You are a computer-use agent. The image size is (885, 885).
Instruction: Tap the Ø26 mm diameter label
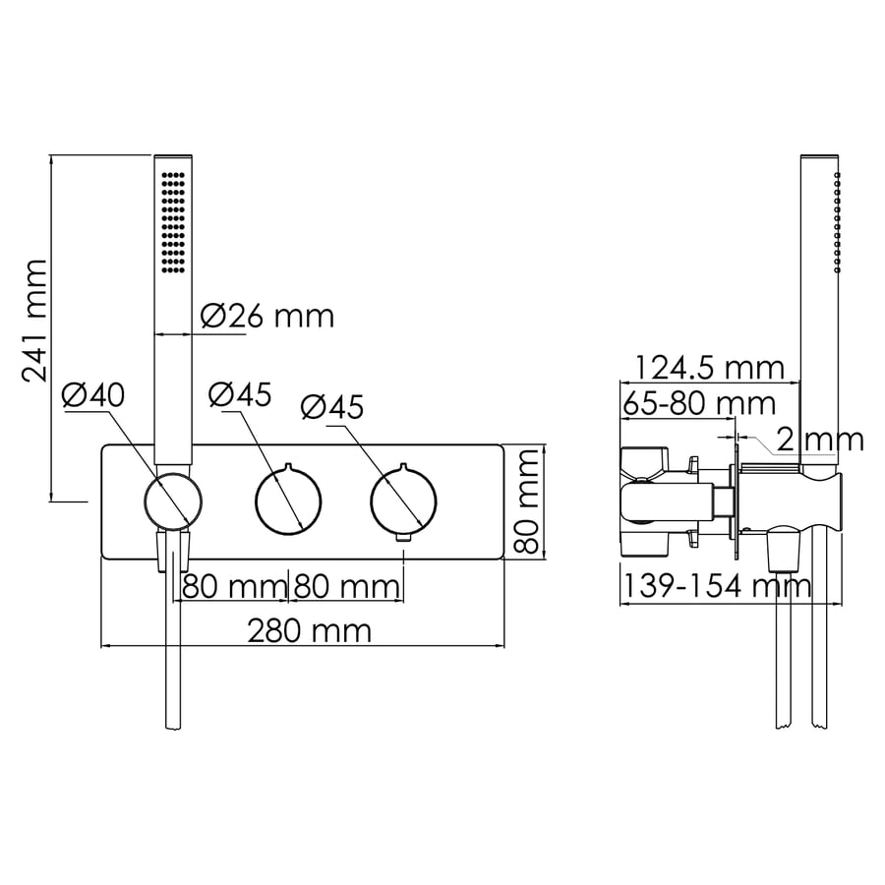(267, 316)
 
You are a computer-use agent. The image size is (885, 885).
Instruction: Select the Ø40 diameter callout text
(93, 394)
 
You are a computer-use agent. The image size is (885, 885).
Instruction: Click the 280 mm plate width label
(310, 630)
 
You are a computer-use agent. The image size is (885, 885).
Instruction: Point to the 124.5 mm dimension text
(710, 368)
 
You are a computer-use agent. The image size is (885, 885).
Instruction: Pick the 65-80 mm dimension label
(699, 403)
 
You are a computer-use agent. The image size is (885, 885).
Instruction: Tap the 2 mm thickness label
(820, 440)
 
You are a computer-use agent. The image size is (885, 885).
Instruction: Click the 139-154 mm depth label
(717, 586)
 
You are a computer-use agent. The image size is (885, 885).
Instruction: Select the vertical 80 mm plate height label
(527, 501)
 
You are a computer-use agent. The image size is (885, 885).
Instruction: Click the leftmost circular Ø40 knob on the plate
(173, 501)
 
